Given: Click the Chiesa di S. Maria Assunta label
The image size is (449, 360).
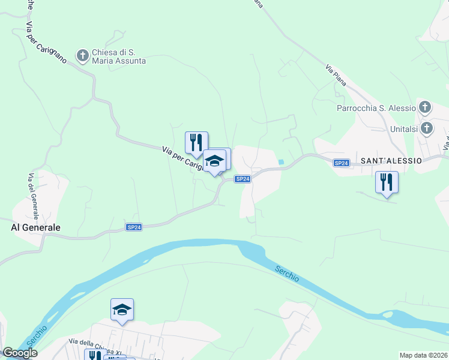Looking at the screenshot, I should [119, 56].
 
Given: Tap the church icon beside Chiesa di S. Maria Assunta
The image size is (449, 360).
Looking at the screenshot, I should [82, 56].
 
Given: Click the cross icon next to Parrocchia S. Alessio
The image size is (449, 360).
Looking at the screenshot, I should [425, 108].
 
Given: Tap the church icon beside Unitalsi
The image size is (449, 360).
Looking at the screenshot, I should [426, 128].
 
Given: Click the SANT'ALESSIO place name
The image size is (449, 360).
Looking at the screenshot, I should [393, 161].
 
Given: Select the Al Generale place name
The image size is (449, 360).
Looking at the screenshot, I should [36, 228].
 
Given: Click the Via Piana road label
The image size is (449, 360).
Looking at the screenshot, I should [336, 75].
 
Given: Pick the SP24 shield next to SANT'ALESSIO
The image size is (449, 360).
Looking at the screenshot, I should [341, 163].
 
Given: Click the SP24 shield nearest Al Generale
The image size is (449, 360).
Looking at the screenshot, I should [134, 227].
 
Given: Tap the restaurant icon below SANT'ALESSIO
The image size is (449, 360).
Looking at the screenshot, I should [387, 182].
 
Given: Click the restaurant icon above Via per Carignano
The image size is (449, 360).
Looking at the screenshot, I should [196, 142].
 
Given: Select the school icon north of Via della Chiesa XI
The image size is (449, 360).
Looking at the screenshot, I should [122, 309].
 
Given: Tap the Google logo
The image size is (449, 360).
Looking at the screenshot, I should [20, 353].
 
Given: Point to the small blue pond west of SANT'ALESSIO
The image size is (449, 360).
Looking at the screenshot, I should [280, 161].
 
